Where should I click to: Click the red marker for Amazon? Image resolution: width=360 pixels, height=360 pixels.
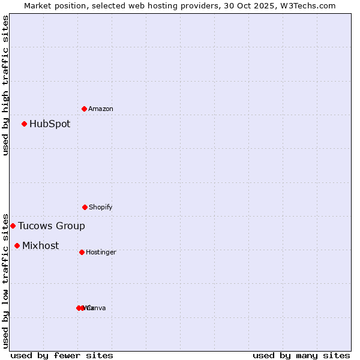85,109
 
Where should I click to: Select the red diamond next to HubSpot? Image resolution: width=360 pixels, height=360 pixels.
25,124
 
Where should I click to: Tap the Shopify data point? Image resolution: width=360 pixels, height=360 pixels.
85,207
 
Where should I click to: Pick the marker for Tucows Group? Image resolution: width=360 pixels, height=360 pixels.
13,226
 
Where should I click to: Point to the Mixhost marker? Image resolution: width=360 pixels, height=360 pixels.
17,245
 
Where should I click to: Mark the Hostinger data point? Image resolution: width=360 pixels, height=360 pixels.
82,252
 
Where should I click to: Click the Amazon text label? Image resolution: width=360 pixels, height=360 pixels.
101,109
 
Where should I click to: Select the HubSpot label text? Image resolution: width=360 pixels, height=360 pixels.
50,124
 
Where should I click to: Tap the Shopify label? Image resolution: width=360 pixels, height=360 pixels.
101,207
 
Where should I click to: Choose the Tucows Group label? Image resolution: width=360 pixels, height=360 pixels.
52,226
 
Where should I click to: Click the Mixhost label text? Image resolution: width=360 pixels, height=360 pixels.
41,246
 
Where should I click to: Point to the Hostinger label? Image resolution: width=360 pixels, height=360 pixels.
101,252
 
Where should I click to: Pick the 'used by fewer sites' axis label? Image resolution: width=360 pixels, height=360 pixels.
62,356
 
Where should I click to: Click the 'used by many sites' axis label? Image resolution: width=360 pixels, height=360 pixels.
301,356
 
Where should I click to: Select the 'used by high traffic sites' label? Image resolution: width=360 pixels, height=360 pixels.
5,85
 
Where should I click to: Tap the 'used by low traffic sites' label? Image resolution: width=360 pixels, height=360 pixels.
5,281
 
